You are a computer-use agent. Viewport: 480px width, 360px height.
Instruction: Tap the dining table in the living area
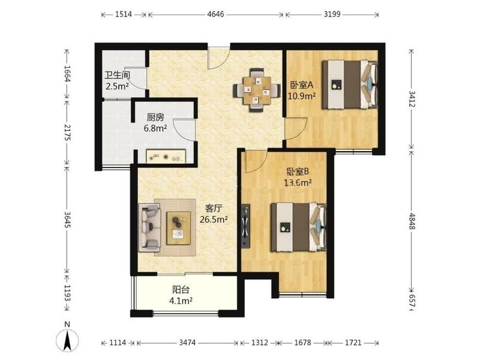pos(257,91)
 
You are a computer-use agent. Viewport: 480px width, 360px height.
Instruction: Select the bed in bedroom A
pos(350,85)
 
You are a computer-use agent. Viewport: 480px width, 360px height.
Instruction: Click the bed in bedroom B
pos(298,227)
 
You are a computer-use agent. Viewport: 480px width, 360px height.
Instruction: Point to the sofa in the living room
pos(149,227)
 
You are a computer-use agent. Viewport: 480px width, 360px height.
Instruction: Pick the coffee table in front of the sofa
pos(178,228)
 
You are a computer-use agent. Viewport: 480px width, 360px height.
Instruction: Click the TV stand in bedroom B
pos(245,226)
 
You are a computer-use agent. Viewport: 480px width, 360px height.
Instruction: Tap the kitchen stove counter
pos(166,156)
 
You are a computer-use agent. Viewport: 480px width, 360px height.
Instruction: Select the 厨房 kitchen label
pos(155,117)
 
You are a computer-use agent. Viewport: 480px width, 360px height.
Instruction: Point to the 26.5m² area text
pos(214,220)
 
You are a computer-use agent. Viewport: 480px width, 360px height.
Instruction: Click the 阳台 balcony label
pos(181,289)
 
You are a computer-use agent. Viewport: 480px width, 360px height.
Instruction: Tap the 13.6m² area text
pos(298,183)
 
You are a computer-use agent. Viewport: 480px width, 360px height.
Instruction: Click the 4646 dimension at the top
pos(215,14)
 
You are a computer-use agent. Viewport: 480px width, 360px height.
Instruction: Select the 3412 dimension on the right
pos(412,99)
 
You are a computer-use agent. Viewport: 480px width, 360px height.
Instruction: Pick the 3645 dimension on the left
pos(67,219)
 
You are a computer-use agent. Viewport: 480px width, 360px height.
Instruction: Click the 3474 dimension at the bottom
pos(187,342)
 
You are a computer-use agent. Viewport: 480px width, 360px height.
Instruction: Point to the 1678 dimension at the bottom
pos(302,342)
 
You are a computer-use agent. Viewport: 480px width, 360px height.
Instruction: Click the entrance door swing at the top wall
pos(218,58)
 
